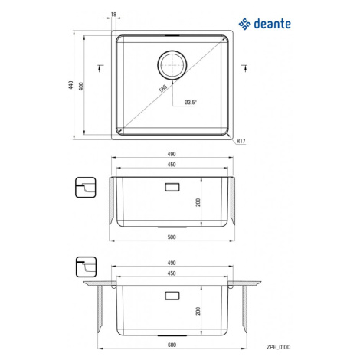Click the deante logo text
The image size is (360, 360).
(273, 24)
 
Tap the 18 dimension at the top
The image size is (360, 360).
(113, 15)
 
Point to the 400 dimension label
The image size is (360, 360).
(81, 86)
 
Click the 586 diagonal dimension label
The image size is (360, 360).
(162, 88)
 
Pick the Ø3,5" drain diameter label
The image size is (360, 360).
(191, 103)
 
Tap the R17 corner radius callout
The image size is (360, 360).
(241, 141)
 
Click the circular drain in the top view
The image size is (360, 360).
(172, 64)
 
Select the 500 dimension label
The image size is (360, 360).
(172, 237)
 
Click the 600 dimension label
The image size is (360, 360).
(172, 345)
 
